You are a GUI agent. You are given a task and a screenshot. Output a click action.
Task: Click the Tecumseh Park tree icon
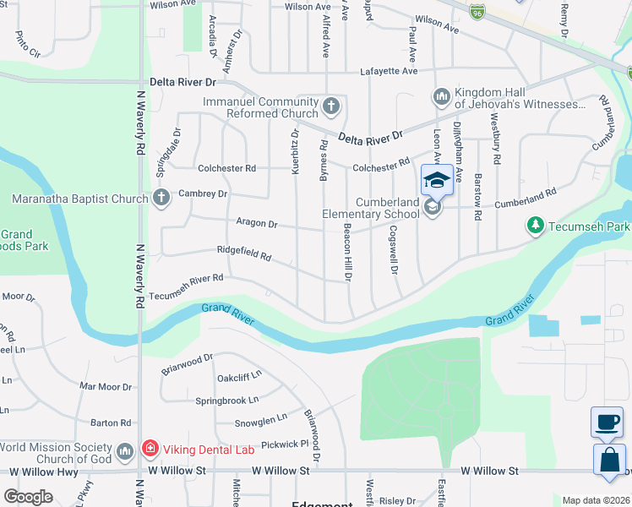click(x=534, y=225)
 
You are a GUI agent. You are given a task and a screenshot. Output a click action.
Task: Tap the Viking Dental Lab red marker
click(x=149, y=450)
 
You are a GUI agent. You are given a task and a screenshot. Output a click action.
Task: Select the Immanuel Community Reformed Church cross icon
click(x=331, y=107)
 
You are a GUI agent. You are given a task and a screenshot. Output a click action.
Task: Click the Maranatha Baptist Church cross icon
click(x=161, y=199)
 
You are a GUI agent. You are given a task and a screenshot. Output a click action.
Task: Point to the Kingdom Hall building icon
click(x=441, y=98)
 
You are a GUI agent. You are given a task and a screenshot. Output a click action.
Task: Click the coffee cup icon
click(x=607, y=423)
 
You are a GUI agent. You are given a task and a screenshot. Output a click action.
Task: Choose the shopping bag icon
click(x=608, y=461)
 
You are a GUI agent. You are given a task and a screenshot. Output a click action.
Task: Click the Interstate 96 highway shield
click(x=478, y=14)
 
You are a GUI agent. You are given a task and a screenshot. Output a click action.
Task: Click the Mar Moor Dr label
click(x=106, y=387)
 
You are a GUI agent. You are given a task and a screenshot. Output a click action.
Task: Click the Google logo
click(x=29, y=497)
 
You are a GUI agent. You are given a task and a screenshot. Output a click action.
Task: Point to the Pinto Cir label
click(x=27, y=46)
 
